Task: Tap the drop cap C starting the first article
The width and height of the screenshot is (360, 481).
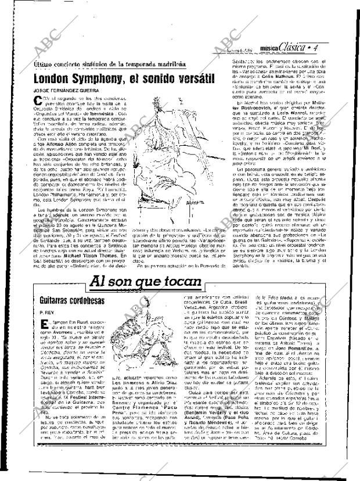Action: point(39,102)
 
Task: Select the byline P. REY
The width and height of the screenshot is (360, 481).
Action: point(47,311)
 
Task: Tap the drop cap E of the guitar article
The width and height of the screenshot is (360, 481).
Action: point(41,323)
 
